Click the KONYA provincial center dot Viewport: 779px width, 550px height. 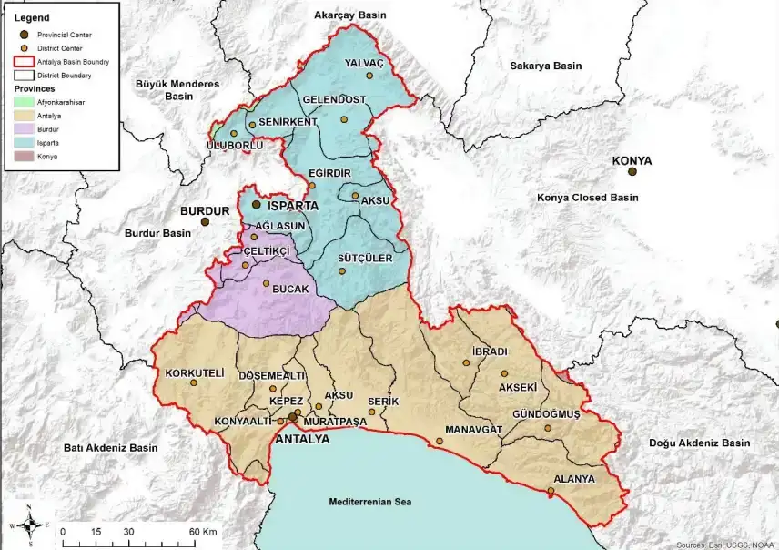(632, 171)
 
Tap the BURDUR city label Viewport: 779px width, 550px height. (199, 209)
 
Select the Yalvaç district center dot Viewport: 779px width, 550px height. (369, 76)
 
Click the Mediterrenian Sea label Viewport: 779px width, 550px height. (370, 502)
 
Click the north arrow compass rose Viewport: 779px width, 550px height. (29, 525)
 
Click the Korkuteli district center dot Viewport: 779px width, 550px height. (193, 383)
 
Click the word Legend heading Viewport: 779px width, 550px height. (32, 17)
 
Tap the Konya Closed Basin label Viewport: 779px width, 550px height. (587, 197)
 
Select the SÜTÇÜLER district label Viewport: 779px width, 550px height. (364, 259)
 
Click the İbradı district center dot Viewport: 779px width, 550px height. (467, 362)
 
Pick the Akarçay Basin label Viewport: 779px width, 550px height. (349, 15)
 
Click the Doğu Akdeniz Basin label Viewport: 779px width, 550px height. (699, 443)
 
